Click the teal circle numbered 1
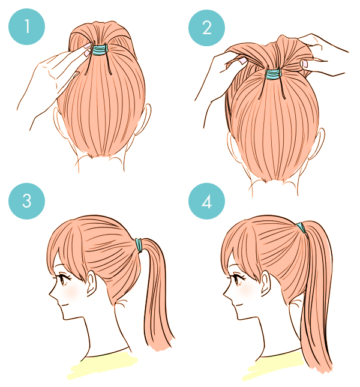coord(26,26)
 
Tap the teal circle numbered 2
coord(206,28)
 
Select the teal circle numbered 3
coord(26,201)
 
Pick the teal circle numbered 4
coord(206,201)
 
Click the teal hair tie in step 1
coord(100,49)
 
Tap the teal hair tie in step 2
coord(273,74)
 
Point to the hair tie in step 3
coord(139,245)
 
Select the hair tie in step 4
coord(301,227)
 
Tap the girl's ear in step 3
coord(91,283)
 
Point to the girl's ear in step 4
coord(265,283)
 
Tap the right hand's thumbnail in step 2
coord(304,64)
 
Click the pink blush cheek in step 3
coord(71,292)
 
